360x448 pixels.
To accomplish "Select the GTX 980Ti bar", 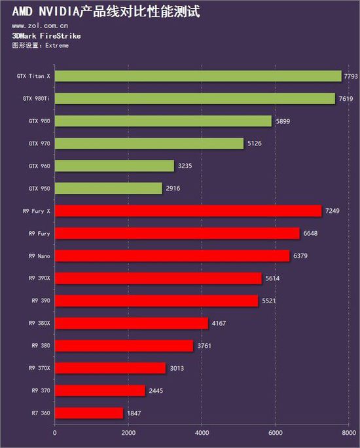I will [194, 98].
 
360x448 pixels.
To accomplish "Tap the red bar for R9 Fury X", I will [188, 210].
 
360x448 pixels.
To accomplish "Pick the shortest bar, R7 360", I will [88, 413].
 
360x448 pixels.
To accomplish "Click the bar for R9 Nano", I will [171, 255].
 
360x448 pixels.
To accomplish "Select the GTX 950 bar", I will [108, 188].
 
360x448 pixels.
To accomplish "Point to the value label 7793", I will [352, 77].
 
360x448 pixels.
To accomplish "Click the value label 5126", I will [255, 143].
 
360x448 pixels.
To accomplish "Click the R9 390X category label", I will [40, 278].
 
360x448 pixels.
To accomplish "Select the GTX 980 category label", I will [40, 121].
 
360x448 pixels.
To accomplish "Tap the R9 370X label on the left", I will [40, 368].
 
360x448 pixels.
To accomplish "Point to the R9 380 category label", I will [41, 345].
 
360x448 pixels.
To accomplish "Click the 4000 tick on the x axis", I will [202, 433].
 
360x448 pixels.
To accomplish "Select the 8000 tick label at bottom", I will [348, 433].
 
